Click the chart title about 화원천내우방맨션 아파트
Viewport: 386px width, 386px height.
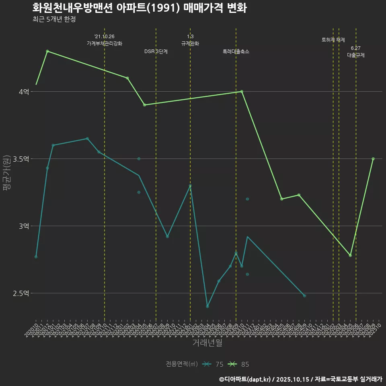(x=139, y=8)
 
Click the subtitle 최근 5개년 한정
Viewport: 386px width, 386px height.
(x=54, y=19)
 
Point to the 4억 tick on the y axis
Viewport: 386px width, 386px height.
(x=24, y=92)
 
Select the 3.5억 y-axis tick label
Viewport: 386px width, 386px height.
(x=21, y=159)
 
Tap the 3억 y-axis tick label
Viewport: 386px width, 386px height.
(x=24, y=226)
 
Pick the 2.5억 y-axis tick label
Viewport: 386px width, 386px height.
(x=21, y=293)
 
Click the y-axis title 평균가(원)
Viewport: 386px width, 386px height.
(x=7, y=173)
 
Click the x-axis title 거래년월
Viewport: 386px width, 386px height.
(x=207, y=343)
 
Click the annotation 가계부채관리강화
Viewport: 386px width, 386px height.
(x=105, y=43)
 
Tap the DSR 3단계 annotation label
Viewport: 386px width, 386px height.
(x=156, y=51)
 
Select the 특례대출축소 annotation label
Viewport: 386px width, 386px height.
(x=236, y=51)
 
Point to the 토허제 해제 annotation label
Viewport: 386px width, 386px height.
(x=333, y=40)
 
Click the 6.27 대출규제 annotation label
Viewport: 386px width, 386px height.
(x=356, y=52)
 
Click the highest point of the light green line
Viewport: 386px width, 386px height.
(x=47, y=51)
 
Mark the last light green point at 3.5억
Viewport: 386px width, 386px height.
(x=373, y=159)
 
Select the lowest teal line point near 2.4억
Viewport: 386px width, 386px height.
(x=207, y=306)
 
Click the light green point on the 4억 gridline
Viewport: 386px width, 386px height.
(x=242, y=91)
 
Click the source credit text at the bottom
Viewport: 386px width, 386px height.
(x=300, y=379)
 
